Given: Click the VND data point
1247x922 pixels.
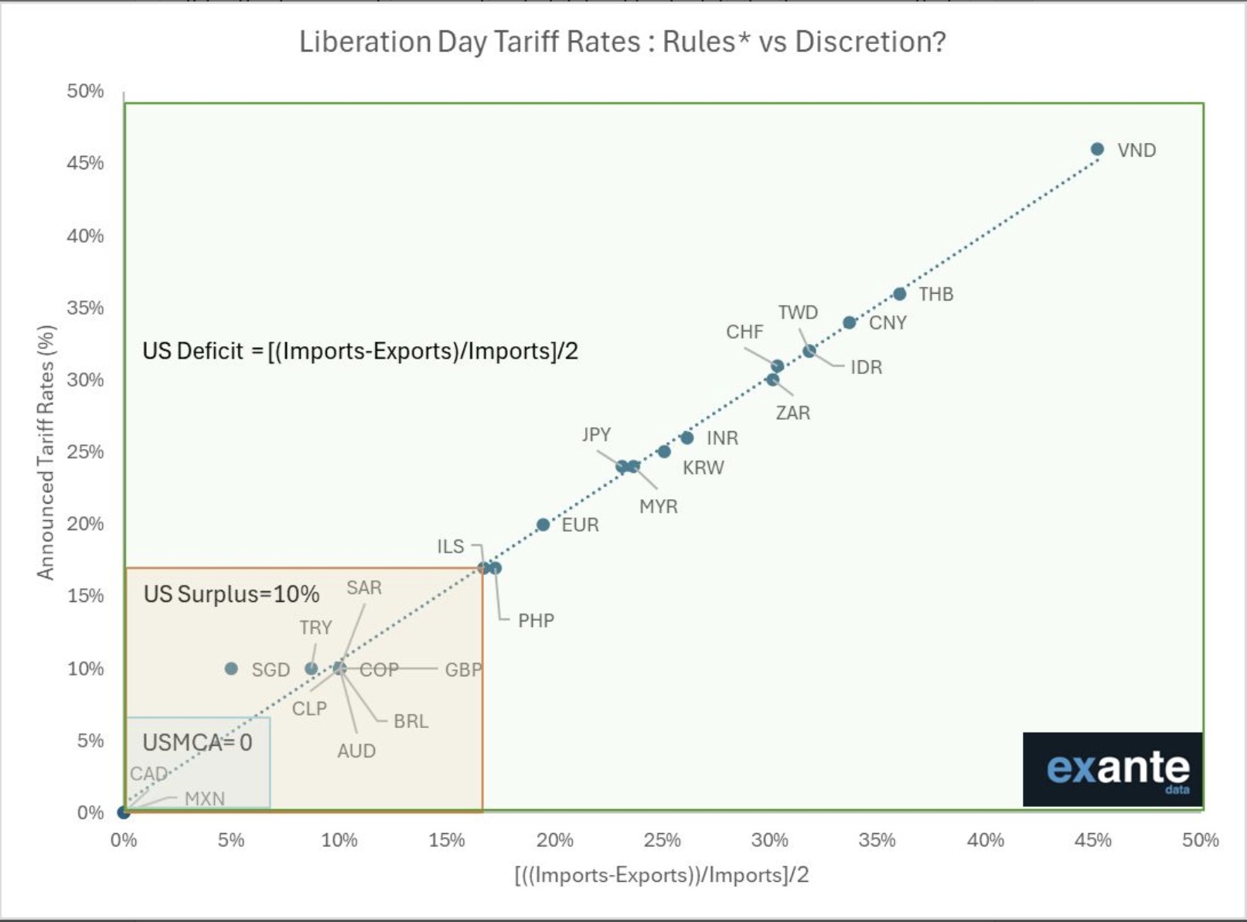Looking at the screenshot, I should (1097, 149).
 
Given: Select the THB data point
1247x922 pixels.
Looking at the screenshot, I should (899, 294).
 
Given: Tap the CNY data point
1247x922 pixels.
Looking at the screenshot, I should (849, 322).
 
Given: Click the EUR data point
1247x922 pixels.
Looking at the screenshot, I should (543, 525).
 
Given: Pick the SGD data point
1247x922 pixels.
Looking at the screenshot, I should (231, 669).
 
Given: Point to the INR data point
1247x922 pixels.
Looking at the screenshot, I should (687, 437).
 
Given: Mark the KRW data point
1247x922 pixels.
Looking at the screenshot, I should (663, 451).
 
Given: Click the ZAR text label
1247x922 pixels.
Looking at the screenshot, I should (793, 413).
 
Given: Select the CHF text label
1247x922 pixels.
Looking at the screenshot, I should (744, 332).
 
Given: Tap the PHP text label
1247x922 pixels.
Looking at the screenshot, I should (536, 621).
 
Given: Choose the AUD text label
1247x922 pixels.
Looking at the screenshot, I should (356, 750).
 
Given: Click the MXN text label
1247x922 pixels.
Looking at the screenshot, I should (205, 798).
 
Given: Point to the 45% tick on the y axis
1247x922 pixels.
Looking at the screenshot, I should (85, 163).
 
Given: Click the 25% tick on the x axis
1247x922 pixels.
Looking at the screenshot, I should (662, 840).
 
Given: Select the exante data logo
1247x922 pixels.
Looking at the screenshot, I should (1112, 769).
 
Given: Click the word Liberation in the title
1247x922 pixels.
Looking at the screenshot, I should (365, 42).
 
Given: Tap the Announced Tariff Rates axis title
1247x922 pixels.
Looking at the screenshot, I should (46, 452).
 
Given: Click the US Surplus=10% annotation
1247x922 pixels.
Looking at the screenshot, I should (231, 594).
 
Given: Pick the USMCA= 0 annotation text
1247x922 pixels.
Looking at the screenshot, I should (197, 743).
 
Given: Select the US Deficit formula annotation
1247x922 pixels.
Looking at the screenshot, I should (360, 351).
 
